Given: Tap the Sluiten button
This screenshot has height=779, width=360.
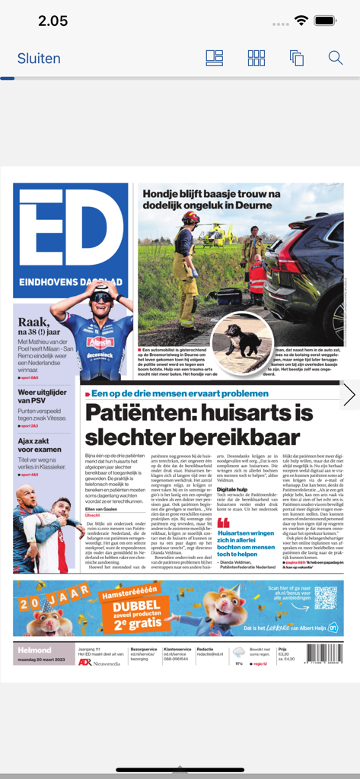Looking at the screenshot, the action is [x=39, y=59].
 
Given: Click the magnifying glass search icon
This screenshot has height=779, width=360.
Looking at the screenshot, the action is [x=336, y=58].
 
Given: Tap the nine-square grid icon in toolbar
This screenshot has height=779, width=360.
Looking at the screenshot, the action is [x=256, y=58].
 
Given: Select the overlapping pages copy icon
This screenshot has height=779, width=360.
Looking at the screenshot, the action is [x=296, y=58].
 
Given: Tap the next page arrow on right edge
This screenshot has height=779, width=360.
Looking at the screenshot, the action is [x=349, y=394].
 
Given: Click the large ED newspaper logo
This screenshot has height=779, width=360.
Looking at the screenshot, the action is [x=70, y=236].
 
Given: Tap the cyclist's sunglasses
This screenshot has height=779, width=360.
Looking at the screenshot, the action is [x=100, y=297].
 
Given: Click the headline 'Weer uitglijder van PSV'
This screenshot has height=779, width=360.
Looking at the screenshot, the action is [x=42, y=396].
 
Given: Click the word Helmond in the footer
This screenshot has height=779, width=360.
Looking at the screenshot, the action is [x=34, y=651].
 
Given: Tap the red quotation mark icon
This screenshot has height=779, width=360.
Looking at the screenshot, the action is [x=223, y=523].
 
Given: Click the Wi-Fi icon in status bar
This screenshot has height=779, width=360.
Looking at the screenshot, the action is [x=302, y=21].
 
